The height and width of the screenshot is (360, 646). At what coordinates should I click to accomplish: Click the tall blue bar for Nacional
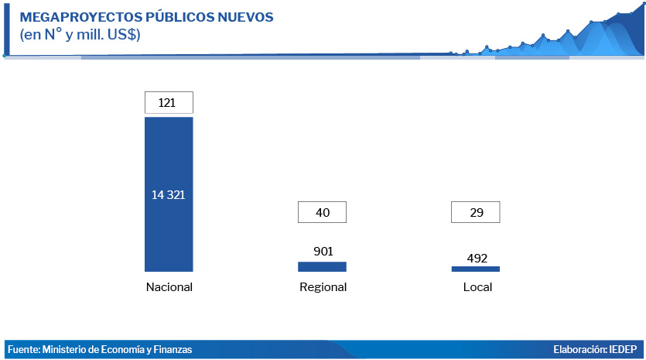pos(169,232)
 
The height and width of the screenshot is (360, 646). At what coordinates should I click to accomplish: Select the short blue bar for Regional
pos(322,266)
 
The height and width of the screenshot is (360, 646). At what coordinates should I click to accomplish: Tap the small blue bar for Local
pos(476,269)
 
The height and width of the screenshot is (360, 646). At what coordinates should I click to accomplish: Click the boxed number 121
pos(169,102)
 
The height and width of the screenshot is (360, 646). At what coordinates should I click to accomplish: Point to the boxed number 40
pos(322,212)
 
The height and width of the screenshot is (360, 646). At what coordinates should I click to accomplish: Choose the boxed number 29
pos(476,212)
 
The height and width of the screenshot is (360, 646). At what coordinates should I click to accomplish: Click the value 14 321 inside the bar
pos(169,194)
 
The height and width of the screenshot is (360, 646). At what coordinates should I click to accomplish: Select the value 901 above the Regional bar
pos(323,251)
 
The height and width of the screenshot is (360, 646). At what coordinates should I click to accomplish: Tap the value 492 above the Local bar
pos(476,258)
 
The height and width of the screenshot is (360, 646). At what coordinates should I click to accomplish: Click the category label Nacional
pos(169,287)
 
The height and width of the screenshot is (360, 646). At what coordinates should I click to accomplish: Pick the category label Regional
pos(323,287)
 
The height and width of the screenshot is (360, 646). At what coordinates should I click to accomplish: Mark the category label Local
pos(477,287)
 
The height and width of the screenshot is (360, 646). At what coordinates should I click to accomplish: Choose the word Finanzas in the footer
pos(172,350)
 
